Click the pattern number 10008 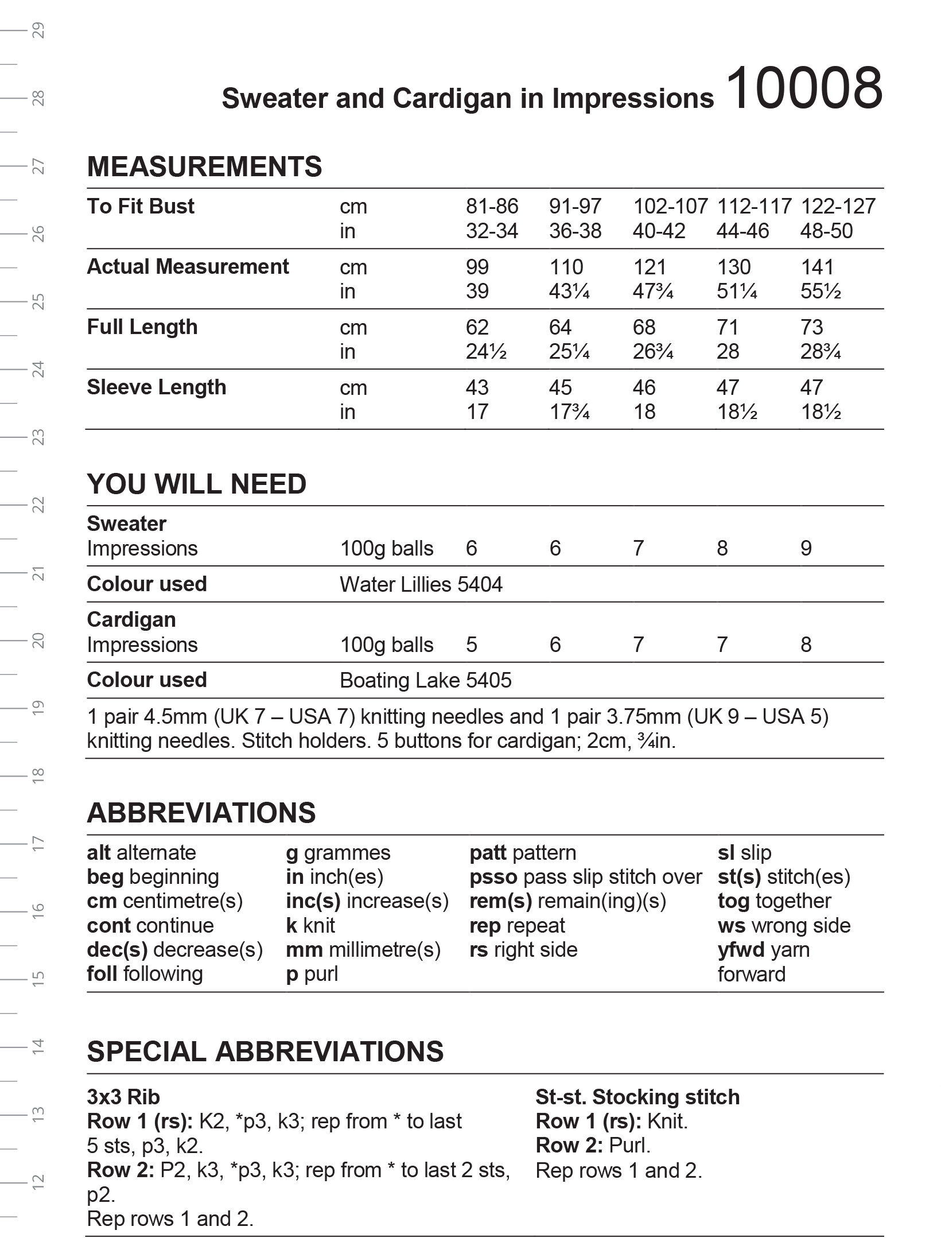pyautogui.click(x=804, y=90)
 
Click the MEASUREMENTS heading pyautogui.click(x=204, y=166)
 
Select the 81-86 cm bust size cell pyautogui.click(x=492, y=207)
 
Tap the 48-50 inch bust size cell pyautogui.click(x=826, y=231)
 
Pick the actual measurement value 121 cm pyautogui.click(x=650, y=267)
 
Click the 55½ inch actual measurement pyautogui.click(x=821, y=292)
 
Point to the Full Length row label pyautogui.click(x=142, y=327)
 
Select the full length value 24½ pyautogui.click(x=486, y=352)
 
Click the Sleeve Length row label pyautogui.click(x=157, y=387)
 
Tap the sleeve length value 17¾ pyautogui.click(x=569, y=412)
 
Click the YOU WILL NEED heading pyautogui.click(x=196, y=484)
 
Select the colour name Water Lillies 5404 pyautogui.click(x=421, y=585)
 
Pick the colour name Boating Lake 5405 pyautogui.click(x=425, y=681)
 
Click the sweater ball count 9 pyautogui.click(x=806, y=549)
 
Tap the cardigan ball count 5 pyautogui.click(x=472, y=645)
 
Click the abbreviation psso pyautogui.click(x=493, y=877)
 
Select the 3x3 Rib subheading pyautogui.click(x=123, y=1097)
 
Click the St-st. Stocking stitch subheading pyautogui.click(x=637, y=1097)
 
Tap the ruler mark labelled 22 pyautogui.click(x=38, y=505)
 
